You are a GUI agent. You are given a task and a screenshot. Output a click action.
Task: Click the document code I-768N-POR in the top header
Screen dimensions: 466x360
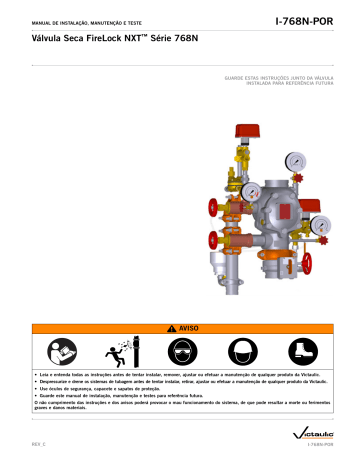click(306, 18)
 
